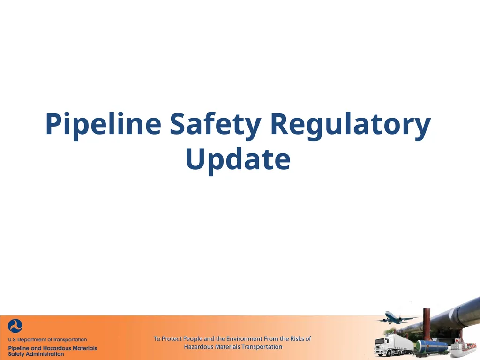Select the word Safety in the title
point(215,125)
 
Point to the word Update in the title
point(238,159)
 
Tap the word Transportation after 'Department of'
point(70,340)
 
